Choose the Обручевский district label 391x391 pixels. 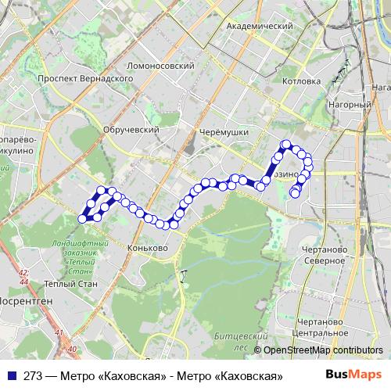coord(131,130)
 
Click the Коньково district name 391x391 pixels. coord(147,248)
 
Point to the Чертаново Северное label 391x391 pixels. coord(323,254)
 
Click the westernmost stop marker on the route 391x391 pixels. coord(82,219)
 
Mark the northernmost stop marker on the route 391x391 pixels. coord(286,144)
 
